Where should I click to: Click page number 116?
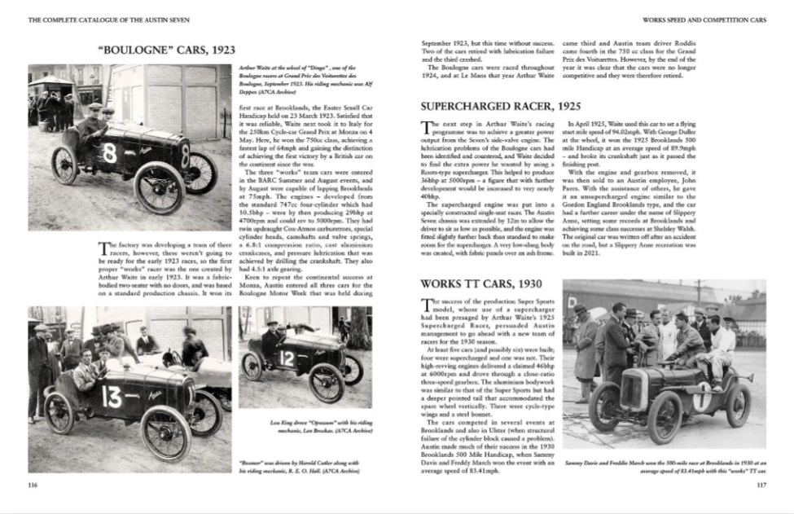pos(33,485)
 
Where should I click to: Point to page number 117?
pos(761,485)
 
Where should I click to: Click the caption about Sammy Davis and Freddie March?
pos(665,466)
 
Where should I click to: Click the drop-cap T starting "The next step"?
pos(424,127)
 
